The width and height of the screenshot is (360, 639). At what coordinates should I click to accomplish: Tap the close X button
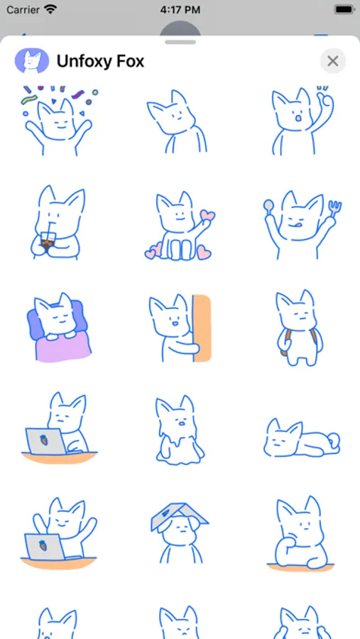(x=333, y=61)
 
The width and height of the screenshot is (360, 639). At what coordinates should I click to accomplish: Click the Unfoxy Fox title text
(x=100, y=62)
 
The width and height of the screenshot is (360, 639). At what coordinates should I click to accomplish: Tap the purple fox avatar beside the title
(x=32, y=61)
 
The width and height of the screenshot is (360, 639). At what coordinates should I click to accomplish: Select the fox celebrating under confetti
(x=59, y=121)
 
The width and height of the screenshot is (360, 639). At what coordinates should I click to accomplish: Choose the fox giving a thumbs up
(x=301, y=121)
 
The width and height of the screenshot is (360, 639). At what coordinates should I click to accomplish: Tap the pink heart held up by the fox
(x=207, y=216)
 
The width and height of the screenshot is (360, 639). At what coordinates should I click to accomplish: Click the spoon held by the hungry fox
(x=268, y=206)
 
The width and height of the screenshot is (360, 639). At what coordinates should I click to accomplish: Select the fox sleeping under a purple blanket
(x=59, y=327)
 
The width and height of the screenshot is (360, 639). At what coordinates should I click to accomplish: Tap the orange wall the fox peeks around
(x=202, y=329)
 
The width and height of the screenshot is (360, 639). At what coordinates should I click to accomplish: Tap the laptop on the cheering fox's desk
(x=45, y=547)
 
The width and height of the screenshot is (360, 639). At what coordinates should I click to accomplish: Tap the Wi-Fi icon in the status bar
(x=50, y=9)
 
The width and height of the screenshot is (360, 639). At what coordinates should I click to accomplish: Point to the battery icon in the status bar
(x=344, y=9)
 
